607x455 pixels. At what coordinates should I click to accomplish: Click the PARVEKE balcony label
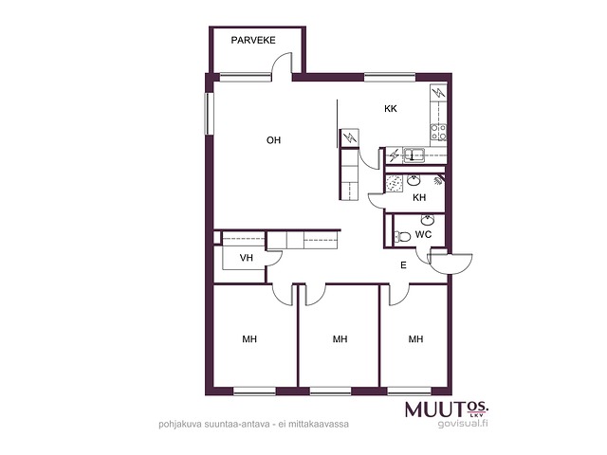[x=253, y=40]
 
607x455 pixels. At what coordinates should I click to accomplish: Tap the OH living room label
[x=273, y=140]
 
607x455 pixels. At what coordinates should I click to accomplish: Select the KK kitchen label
[x=391, y=109]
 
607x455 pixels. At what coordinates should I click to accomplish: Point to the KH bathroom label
[x=419, y=198]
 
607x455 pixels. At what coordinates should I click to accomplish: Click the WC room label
[x=423, y=234]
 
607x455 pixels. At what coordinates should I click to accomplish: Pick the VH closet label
[x=247, y=258]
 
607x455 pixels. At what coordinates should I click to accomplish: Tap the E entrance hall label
[x=403, y=265]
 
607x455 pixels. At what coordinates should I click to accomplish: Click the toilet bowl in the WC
[x=402, y=236]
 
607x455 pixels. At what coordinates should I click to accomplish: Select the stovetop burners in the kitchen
[x=438, y=132]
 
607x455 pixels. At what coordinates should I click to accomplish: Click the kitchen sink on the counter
[x=414, y=155]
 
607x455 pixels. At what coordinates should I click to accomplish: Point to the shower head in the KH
[x=438, y=180]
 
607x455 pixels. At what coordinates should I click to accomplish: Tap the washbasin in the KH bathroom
[x=414, y=180]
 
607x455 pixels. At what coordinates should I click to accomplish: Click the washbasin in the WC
[x=428, y=220]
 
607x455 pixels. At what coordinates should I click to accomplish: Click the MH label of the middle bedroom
[x=340, y=339]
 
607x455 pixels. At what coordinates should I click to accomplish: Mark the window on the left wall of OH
[x=210, y=114]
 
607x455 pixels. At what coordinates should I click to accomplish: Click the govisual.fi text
[x=463, y=424]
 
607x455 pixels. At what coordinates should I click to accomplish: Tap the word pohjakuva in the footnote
[x=179, y=425]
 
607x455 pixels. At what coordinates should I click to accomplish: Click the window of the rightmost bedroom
[x=409, y=391]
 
